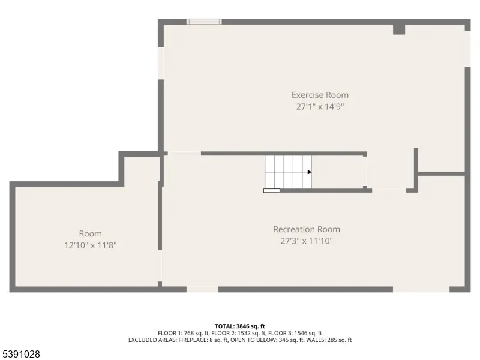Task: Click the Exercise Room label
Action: (320, 95)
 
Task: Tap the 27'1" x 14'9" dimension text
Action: (320, 107)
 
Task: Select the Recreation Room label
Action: (307, 229)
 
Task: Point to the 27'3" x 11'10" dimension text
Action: (307, 241)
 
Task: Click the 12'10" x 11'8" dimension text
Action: (91, 245)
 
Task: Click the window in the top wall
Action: (204, 22)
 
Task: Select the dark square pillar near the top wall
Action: (399, 29)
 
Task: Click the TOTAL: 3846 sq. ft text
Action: (240, 326)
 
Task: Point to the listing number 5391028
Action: (20, 354)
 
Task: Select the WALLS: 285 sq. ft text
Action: (329, 340)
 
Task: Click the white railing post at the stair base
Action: (272, 191)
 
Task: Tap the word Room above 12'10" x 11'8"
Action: (91, 233)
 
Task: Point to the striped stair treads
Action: (289, 172)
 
